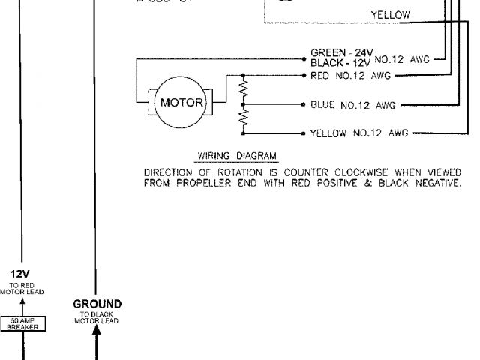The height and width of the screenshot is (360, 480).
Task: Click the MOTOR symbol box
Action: click(182, 103)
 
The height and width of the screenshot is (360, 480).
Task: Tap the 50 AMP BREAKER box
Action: click(26, 324)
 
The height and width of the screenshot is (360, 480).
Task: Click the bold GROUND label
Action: click(97, 304)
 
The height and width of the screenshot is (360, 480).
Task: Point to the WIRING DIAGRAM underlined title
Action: click(237, 156)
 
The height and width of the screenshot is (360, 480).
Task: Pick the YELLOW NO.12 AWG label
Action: click(358, 133)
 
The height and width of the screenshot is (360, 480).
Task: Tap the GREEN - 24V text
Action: click(341, 52)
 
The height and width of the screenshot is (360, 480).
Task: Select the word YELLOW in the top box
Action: click(390, 15)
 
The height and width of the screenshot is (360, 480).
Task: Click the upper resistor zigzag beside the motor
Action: click(242, 89)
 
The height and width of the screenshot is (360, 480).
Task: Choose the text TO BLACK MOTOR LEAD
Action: click(97, 317)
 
